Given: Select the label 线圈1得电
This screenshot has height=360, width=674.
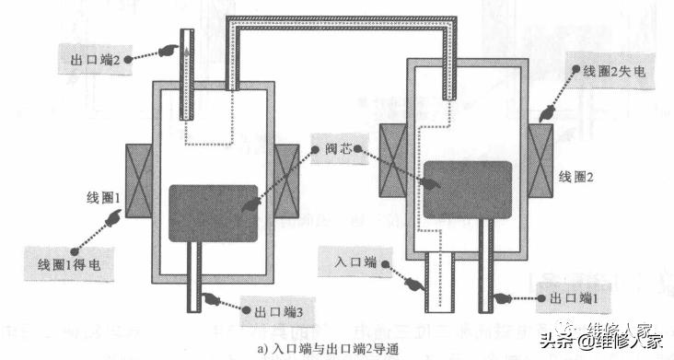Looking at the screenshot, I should (x=69, y=263).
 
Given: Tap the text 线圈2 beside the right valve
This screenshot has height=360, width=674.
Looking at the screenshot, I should (x=579, y=175).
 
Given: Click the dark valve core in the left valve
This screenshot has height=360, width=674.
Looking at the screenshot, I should (x=213, y=213).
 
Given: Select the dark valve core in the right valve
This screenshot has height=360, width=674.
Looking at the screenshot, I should (x=468, y=190).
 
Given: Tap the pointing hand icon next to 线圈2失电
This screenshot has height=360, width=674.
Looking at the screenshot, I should (x=543, y=114).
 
